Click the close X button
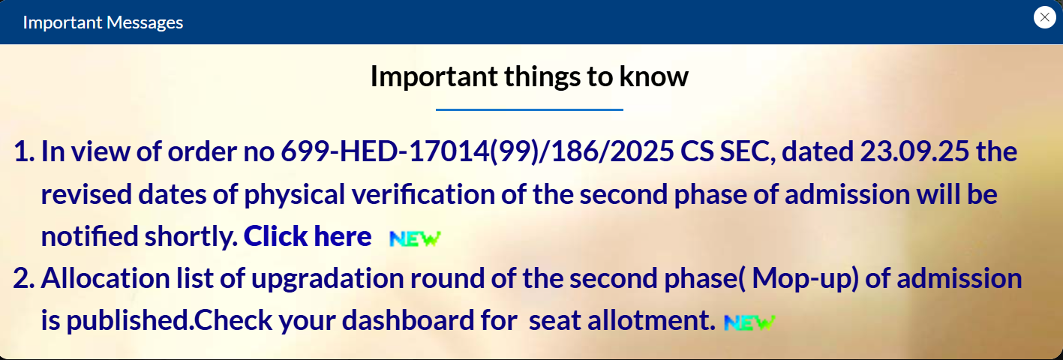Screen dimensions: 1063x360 coord(1044,17)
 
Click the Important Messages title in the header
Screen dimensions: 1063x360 coord(103,22)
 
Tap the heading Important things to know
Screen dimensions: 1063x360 coord(529,76)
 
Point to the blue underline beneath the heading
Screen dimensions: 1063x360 coord(529,109)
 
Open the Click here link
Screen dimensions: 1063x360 coord(308,236)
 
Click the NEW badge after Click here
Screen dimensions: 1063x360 coord(416,238)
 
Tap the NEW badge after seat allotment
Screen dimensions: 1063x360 coord(749,322)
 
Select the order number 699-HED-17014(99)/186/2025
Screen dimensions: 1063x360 coord(477,151)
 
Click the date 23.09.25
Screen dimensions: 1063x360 coord(914,151)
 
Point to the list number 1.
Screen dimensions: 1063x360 coord(24,151)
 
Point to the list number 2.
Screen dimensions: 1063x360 coord(24,278)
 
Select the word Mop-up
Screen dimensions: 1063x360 coord(805,278)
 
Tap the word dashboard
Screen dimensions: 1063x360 coord(408,320)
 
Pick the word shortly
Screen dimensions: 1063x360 coord(191,237)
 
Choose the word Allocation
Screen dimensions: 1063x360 coord(105,278)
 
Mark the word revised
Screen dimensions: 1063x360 coord(86,194)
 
